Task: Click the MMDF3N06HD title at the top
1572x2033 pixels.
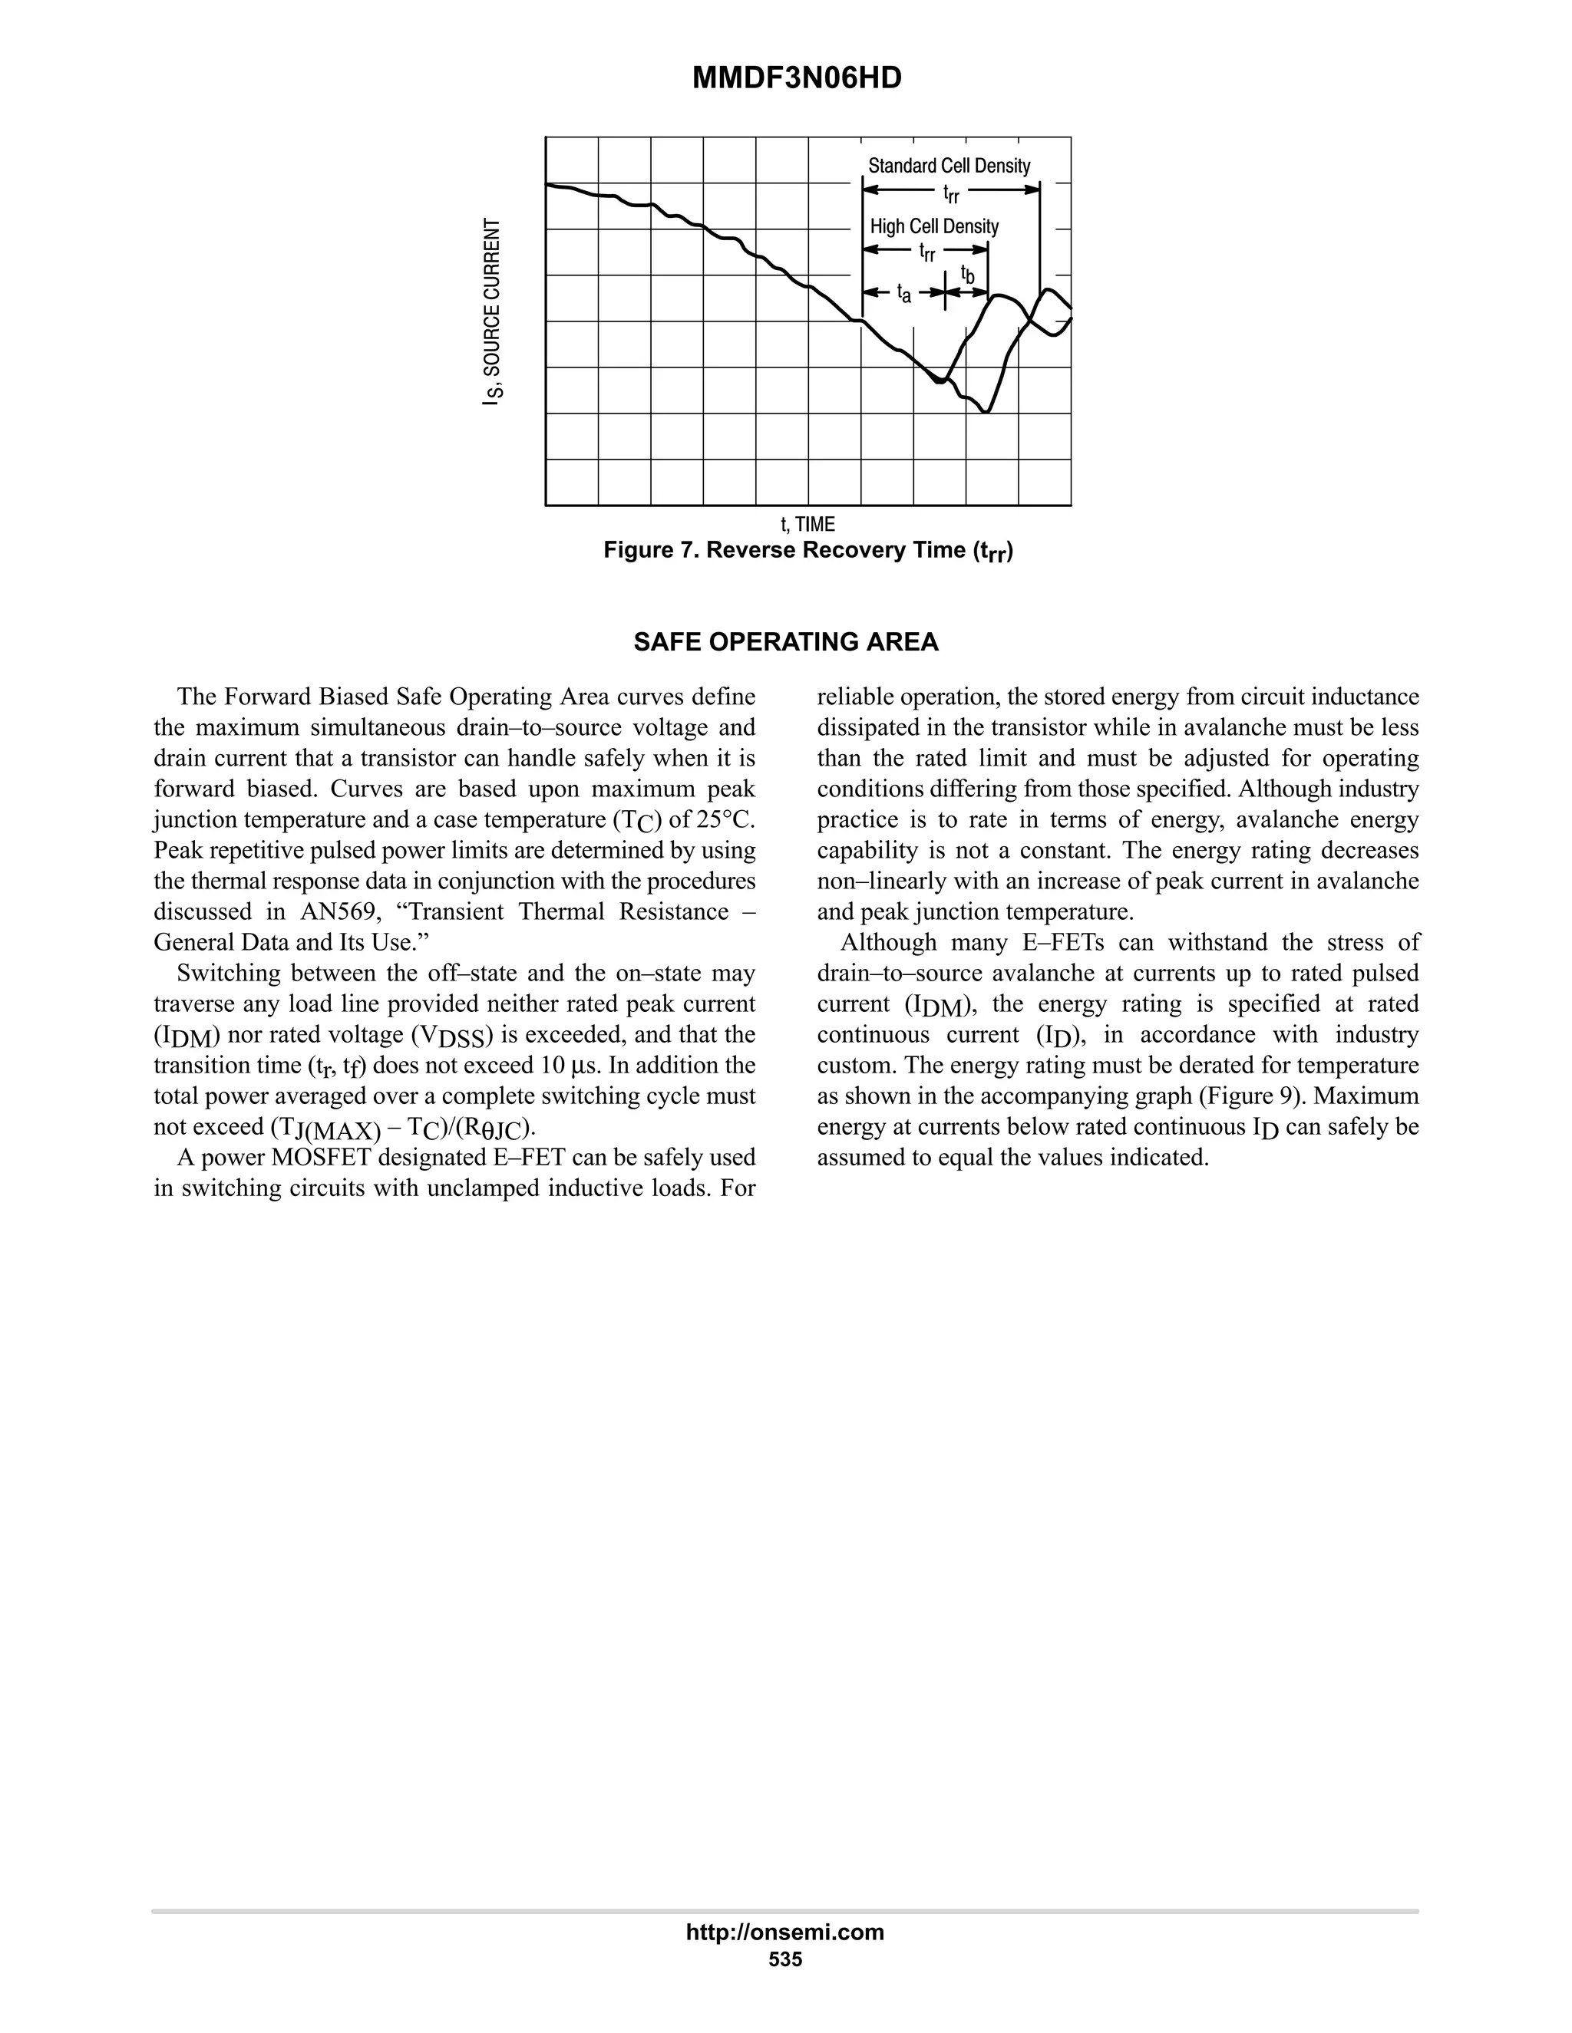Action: (x=796, y=78)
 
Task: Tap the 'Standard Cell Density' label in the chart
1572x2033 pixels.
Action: (x=949, y=166)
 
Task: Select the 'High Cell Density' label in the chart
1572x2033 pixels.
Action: (x=934, y=226)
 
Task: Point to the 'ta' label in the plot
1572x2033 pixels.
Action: (x=903, y=293)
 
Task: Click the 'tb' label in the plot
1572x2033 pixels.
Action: (x=968, y=275)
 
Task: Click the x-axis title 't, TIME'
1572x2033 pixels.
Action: (x=807, y=524)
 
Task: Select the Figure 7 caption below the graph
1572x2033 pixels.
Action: (x=807, y=551)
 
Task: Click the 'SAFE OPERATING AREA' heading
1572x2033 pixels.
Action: (x=785, y=642)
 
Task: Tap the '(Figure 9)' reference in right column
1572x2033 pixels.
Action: (x=1253, y=1096)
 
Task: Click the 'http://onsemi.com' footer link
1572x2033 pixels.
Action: (x=785, y=1932)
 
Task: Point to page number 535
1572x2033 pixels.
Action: (x=785, y=1959)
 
